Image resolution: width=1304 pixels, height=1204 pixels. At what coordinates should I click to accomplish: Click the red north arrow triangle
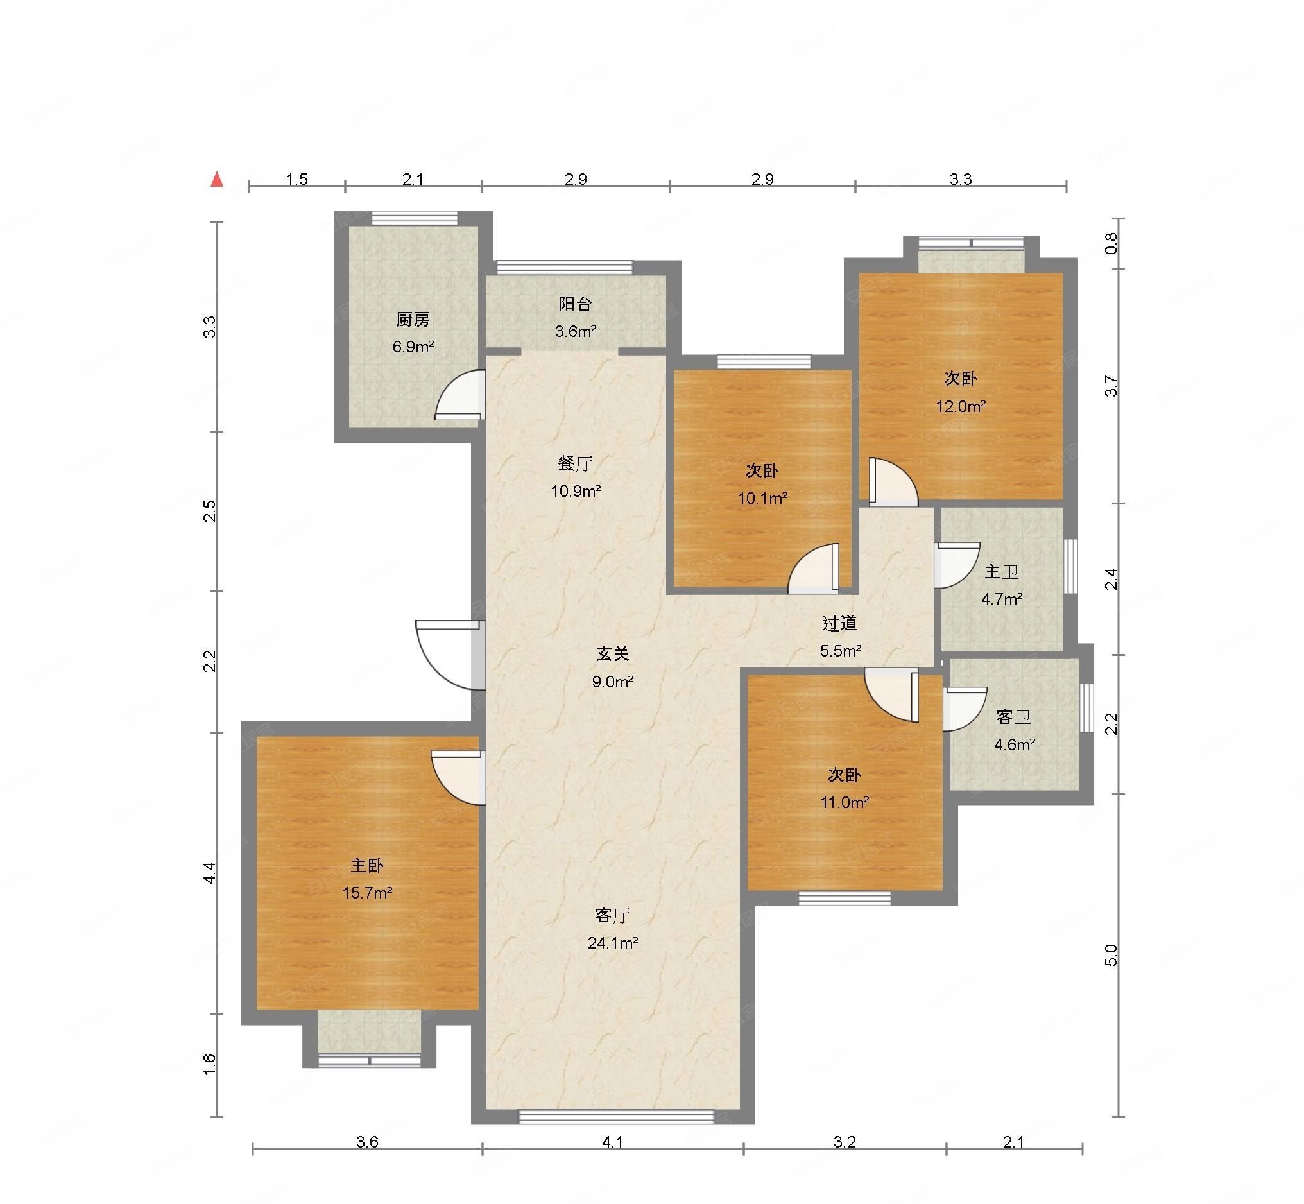tap(217, 180)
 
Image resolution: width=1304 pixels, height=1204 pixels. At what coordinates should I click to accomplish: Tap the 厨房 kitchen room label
tap(413, 320)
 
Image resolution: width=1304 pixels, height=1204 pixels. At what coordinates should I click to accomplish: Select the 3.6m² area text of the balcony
tap(576, 331)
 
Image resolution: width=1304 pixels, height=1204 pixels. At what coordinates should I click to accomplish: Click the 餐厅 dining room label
tap(575, 463)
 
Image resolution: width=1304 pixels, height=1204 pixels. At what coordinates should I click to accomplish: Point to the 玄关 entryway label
tap(613, 653)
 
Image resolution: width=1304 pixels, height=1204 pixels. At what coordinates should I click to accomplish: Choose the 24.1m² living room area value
tap(612, 942)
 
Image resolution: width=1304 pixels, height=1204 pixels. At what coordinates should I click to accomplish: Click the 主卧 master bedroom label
tap(366, 865)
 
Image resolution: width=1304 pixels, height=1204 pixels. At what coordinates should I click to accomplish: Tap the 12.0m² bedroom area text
tap(961, 406)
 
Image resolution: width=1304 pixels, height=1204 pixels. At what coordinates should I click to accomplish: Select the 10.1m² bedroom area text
tap(762, 499)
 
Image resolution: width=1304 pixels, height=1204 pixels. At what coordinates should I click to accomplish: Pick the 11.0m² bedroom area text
tap(845, 802)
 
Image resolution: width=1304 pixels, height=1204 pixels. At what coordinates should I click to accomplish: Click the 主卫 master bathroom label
tap(1001, 571)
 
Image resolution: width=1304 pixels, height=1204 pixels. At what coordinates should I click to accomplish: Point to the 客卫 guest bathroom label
tap(1013, 717)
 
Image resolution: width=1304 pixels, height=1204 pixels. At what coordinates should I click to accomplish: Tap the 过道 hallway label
tap(839, 624)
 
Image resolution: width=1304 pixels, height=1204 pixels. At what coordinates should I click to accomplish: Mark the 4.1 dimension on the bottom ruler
tap(612, 1160)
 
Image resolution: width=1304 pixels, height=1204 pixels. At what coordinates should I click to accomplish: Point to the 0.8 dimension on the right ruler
tap(1112, 243)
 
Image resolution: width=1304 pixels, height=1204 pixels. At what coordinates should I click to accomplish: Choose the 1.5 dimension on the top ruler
tap(296, 179)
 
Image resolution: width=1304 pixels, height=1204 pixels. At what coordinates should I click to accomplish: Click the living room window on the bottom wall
tap(616, 1116)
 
